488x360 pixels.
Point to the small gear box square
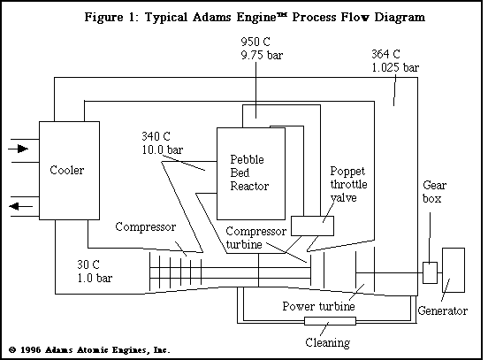(430, 273)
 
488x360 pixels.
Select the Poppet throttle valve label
(347, 186)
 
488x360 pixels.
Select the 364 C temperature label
(388, 54)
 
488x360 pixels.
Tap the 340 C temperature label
(157, 137)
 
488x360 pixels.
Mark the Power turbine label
(318, 306)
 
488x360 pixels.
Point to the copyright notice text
(87, 349)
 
